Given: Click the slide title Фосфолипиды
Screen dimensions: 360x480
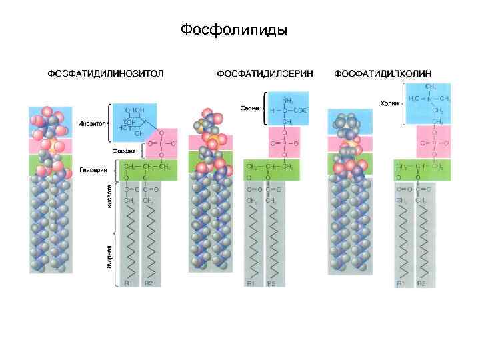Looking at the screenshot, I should point(234,30).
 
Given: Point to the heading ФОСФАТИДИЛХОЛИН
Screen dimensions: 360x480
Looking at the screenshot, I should point(382,72).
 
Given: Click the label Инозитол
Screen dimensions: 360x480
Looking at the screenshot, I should point(90,123).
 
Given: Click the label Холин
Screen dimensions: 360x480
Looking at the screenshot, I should point(389,103).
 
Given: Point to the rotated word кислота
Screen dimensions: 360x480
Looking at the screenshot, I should point(109,196).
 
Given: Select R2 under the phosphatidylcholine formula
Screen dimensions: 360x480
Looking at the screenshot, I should point(422,284).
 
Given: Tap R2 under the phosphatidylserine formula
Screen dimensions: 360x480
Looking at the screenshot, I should point(271,284).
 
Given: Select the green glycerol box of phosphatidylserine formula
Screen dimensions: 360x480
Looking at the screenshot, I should point(273,168).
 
